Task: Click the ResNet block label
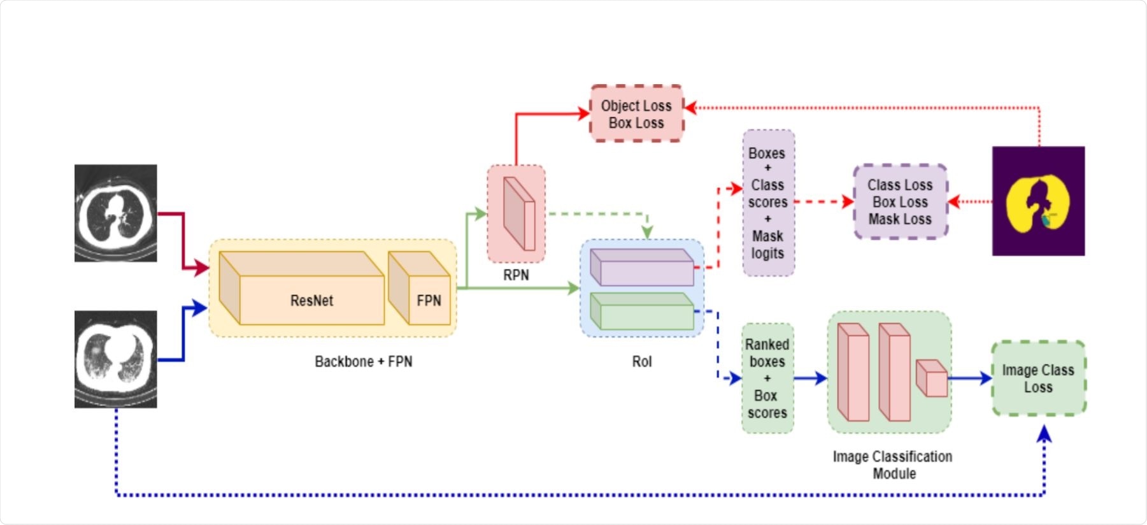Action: click(x=311, y=301)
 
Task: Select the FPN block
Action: click(x=420, y=290)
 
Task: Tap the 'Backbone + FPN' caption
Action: click(x=363, y=362)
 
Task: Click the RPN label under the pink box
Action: click(x=516, y=275)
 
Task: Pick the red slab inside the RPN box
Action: click(x=518, y=214)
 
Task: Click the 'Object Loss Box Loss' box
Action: click(x=636, y=114)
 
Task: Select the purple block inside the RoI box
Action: click(x=642, y=268)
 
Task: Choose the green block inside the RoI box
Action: click(x=642, y=312)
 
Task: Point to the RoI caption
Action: click(x=642, y=362)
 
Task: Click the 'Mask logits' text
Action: click(x=767, y=245)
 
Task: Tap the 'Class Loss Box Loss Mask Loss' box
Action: click(x=900, y=202)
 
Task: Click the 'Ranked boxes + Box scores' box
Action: click(x=767, y=378)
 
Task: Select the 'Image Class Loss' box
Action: click(x=1038, y=378)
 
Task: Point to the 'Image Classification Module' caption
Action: click(x=893, y=465)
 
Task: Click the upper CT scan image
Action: click(x=116, y=213)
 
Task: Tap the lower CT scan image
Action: click(x=116, y=359)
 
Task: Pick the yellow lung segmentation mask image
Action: click(x=1038, y=201)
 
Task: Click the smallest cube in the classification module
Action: click(x=932, y=378)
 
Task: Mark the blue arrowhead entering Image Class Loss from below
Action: click(x=1044, y=435)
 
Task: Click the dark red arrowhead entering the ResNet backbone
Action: click(x=202, y=268)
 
